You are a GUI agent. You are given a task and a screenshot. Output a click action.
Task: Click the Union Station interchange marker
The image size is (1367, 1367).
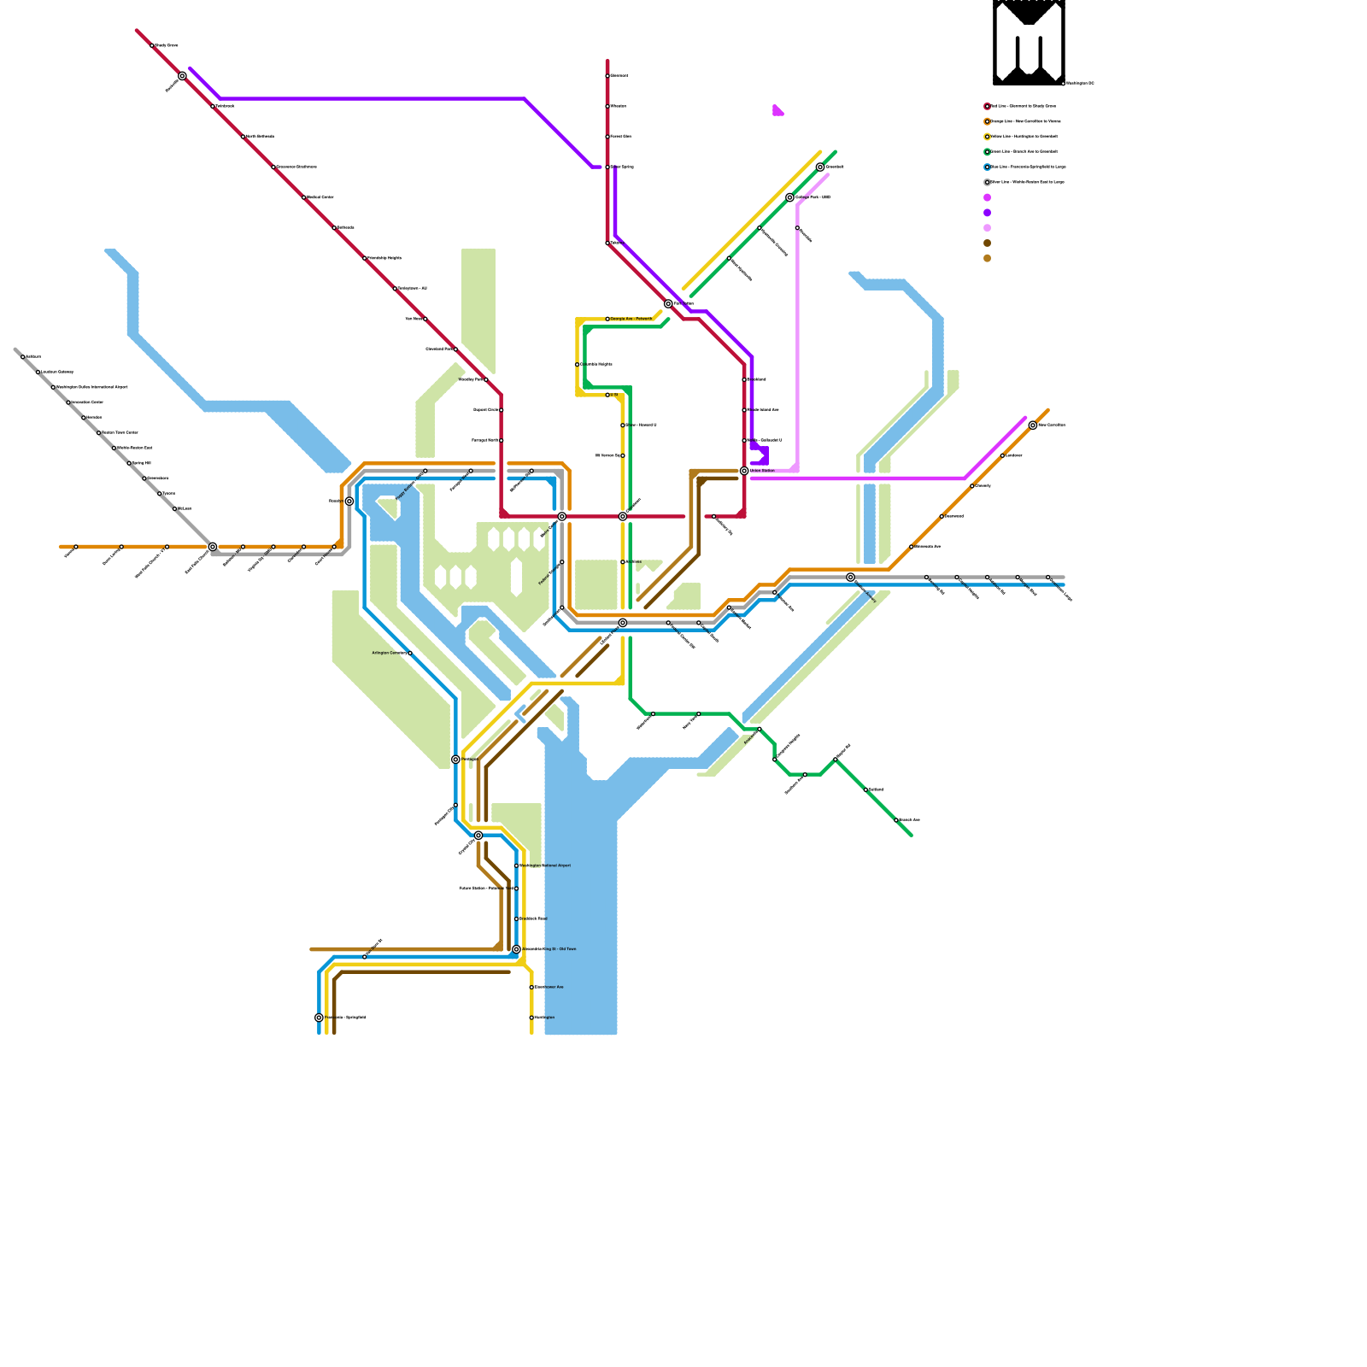point(744,471)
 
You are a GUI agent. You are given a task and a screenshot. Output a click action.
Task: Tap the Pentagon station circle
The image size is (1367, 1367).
point(455,760)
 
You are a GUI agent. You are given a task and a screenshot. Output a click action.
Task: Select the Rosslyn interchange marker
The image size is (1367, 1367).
point(349,502)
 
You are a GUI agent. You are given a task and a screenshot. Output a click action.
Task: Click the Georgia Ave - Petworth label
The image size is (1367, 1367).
point(631,319)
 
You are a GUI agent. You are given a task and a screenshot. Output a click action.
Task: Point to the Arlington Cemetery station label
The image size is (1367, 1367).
point(390,653)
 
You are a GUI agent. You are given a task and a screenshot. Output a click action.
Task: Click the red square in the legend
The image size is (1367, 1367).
point(987,107)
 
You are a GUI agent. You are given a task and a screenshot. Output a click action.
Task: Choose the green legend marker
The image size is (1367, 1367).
point(987,152)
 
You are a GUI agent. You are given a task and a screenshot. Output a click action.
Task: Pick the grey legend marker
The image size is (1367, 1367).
point(987,182)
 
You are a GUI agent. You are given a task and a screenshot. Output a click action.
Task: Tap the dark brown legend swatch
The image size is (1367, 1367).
point(987,243)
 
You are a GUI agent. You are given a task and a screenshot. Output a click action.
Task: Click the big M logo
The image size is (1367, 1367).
point(1029,43)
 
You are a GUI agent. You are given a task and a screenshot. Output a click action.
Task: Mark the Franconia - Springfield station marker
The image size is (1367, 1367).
point(319,1018)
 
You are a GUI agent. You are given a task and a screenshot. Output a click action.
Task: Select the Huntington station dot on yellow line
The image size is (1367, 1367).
point(531,1018)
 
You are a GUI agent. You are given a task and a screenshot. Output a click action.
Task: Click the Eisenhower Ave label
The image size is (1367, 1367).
point(549,987)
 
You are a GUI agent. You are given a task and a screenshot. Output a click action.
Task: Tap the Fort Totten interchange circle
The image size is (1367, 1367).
point(668,303)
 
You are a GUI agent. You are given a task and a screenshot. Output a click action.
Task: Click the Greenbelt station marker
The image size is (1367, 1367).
point(820,167)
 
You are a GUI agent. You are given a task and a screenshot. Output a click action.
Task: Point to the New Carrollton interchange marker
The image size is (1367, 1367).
point(1033,425)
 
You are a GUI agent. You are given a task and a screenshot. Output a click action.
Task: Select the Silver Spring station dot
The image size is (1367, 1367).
point(607,167)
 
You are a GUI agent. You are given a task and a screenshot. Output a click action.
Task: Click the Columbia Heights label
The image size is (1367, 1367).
point(596,364)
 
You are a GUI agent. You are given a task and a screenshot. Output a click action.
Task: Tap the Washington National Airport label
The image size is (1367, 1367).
point(547,865)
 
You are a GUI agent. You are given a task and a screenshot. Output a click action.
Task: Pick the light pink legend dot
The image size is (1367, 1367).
point(987,228)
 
